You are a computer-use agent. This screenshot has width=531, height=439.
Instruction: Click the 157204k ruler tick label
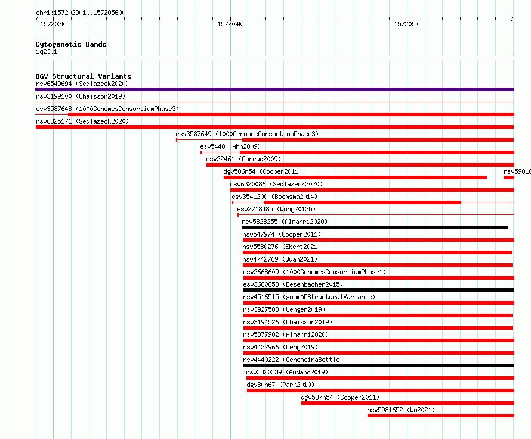[x=230, y=24]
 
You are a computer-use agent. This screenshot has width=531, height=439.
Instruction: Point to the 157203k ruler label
[x=53, y=24]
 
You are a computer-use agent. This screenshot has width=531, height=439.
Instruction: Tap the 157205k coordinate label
[x=406, y=24]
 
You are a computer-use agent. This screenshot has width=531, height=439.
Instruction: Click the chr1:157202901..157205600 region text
[x=81, y=13]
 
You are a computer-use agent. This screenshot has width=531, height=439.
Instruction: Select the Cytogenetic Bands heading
[x=71, y=44]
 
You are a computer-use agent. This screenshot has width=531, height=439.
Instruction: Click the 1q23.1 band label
[x=47, y=51]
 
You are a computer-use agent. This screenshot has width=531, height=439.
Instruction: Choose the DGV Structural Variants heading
[x=84, y=76]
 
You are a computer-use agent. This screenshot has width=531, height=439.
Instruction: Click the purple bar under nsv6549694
[x=274, y=90]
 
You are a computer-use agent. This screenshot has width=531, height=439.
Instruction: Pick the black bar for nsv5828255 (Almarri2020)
[x=375, y=228]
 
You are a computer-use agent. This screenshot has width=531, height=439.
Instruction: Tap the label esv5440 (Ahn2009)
[x=230, y=146]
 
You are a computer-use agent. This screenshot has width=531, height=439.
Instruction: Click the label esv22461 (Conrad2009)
[x=243, y=159]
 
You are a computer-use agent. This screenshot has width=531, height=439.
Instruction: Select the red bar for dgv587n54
[x=407, y=403]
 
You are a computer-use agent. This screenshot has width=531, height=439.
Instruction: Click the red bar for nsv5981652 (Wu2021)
[x=441, y=416]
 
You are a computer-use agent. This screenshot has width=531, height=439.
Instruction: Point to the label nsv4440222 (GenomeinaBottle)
[x=293, y=360]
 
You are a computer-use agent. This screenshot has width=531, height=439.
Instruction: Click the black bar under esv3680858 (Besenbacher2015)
[x=379, y=290]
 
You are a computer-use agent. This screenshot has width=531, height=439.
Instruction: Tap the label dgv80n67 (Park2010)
[x=280, y=385]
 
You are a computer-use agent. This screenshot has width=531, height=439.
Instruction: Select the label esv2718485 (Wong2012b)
[x=276, y=209]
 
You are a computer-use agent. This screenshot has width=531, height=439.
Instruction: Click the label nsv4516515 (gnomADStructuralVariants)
[x=309, y=297]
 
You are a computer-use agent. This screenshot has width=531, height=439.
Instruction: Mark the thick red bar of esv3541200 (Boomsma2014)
[x=363, y=202]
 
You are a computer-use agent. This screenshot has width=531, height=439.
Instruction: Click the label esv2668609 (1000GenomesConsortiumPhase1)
[x=314, y=272]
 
